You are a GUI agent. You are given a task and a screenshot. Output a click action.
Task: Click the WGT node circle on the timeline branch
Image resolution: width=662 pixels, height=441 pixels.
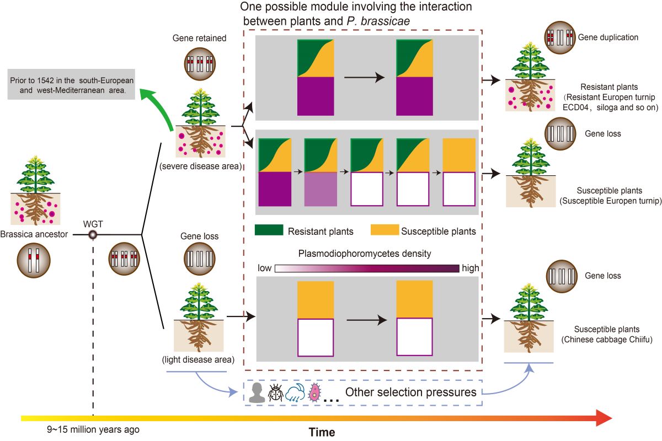pos(93,235)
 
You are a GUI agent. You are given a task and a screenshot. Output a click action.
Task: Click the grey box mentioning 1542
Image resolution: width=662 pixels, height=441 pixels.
pos(72,84)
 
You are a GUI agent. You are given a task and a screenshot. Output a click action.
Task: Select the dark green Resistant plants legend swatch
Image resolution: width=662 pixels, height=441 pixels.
pos(269,230)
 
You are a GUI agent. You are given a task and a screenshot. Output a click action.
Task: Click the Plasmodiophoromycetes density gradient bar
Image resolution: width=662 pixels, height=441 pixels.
pos(366,268)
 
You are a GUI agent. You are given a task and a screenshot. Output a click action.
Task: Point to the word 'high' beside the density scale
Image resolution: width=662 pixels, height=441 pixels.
pos(471,268)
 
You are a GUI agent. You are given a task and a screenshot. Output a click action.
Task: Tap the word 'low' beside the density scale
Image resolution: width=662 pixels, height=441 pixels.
pos(265,268)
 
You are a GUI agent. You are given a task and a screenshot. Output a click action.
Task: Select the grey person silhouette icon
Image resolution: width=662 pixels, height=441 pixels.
pos(257,392)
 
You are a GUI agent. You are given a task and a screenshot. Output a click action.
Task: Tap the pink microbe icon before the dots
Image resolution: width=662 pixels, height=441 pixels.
pos(314,392)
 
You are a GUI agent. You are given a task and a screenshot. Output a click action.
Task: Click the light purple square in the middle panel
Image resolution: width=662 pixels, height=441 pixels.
pos(320,189)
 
